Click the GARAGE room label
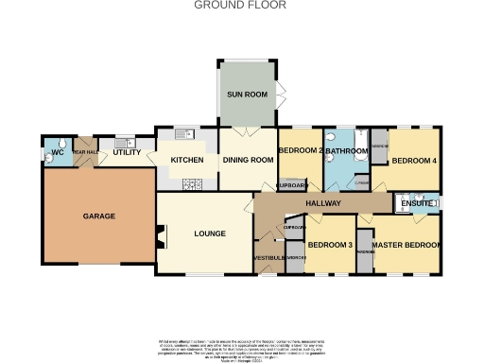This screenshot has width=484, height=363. (98, 216)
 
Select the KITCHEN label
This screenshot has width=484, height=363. (186, 160)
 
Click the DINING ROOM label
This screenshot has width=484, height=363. (248, 160)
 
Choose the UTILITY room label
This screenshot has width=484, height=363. (127, 152)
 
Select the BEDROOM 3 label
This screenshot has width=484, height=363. (330, 246)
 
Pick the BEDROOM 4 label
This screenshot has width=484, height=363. (414, 161)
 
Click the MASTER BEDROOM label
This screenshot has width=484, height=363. (406, 246)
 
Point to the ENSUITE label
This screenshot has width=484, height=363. (416, 204)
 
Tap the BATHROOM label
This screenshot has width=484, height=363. (347, 151)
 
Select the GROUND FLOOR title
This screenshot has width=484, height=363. (241, 5)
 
